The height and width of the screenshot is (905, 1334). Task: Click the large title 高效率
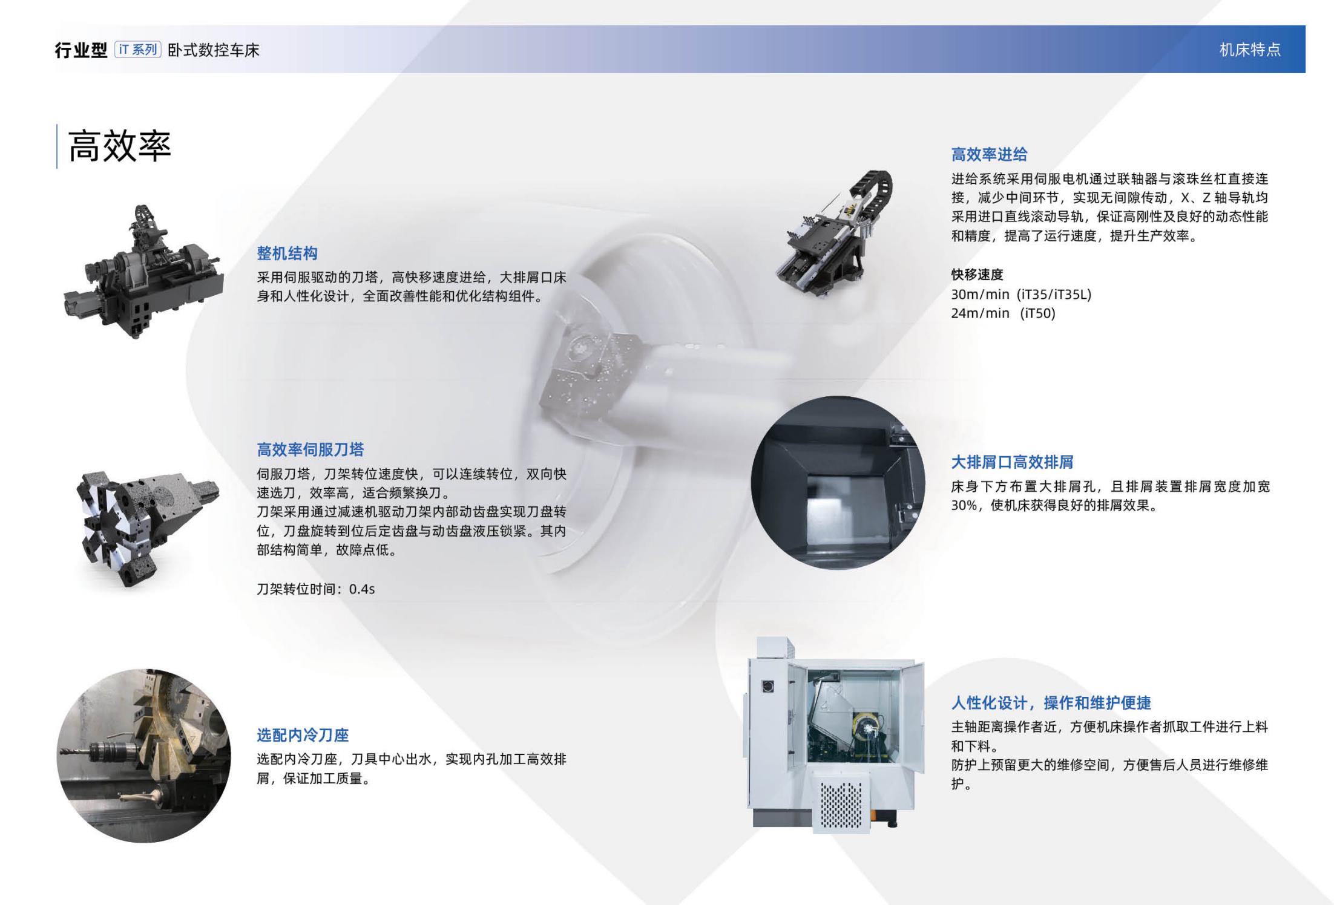[x=120, y=146]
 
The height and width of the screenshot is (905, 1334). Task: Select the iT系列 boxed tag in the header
[x=137, y=50]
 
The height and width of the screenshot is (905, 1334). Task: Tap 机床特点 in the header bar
[x=1250, y=50]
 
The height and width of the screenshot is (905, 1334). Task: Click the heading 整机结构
[x=287, y=253]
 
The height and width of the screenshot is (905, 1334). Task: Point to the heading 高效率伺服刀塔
[x=310, y=449]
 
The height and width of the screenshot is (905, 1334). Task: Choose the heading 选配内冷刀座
[x=303, y=735]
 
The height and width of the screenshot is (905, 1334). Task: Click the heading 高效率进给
[x=989, y=155]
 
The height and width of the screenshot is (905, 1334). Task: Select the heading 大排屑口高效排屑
[x=1012, y=462]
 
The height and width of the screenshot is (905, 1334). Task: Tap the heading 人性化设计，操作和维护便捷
[x=1051, y=703]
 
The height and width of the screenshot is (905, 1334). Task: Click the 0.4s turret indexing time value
[x=362, y=589]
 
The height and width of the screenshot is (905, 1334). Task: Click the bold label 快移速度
[x=977, y=275]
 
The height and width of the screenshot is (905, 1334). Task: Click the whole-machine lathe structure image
[x=143, y=272]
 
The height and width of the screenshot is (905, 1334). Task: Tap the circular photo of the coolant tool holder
[x=143, y=756]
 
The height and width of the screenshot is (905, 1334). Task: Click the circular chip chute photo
[x=838, y=483]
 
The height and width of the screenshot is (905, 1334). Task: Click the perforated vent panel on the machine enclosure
[x=840, y=805]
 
